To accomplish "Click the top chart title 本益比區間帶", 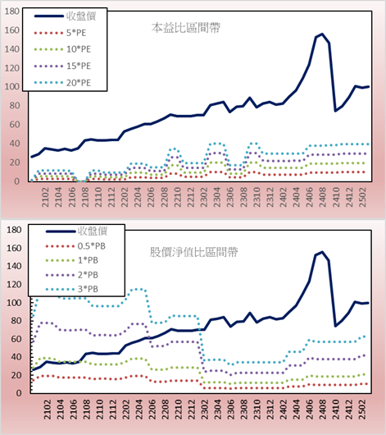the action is coord(186,28).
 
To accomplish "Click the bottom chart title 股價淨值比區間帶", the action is coord(193,252).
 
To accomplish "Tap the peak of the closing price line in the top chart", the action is coord(322,34).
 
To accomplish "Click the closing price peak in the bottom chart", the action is coord(322,252).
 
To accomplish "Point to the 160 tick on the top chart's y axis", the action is coord(12,30).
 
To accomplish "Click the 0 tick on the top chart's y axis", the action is coord(16,181).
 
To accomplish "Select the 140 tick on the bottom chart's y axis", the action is coord(14,266).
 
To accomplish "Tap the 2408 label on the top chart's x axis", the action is coord(323,197).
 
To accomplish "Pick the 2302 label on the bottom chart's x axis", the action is coord(205,410).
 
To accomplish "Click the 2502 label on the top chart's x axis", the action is coord(362,197).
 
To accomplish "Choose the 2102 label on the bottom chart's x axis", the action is coord(47,410).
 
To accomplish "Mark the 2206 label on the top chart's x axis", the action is coord(151,197).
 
